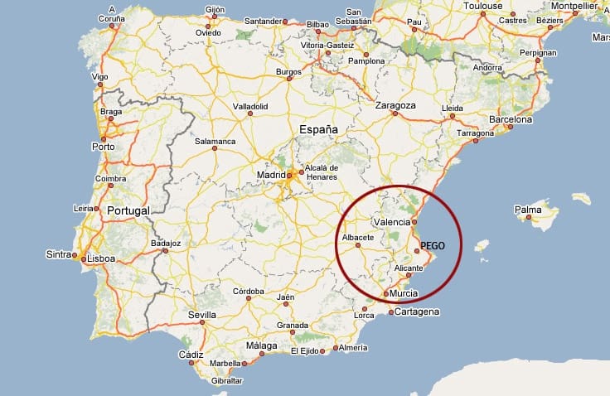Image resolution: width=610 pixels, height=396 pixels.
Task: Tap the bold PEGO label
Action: [x=433, y=246]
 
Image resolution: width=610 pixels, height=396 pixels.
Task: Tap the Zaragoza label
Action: [x=395, y=106]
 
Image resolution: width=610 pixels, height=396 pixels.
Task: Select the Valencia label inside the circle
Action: [x=392, y=222]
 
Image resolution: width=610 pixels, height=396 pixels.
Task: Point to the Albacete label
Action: [x=358, y=237]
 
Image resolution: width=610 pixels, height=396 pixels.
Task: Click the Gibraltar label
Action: [x=227, y=380]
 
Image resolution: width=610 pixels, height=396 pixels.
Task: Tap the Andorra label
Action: [x=487, y=68]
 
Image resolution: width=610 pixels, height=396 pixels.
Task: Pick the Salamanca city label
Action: [x=215, y=141]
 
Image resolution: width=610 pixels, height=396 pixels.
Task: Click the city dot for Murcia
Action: [x=386, y=294]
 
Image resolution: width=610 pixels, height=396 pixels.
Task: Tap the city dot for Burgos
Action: [x=289, y=80]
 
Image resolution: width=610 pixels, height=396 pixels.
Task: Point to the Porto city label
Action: [x=104, y=147]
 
